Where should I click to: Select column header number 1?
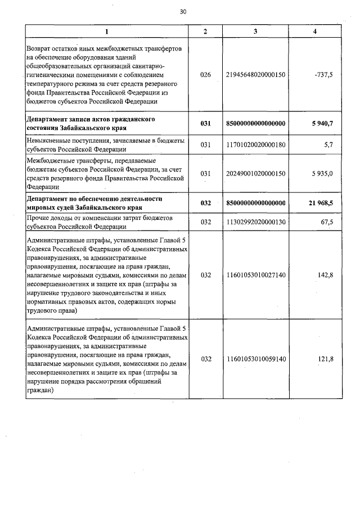pyautogui.click(x=107, y=31)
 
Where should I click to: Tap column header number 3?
pyautogui.click(x=255, y=31)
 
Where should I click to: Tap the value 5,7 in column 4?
pyautogui.click(x=328, y=145)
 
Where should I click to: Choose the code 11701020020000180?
pyautogui.click(x=255, y=145)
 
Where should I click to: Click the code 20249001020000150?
pyautogui.click(x=255, y=174)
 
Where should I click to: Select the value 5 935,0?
pyautogui.click(x=322, y=174)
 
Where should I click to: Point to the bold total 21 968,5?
pyautogui.click(x=321, y=202)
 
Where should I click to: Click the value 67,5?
pyautogui.click(x=326, y=223)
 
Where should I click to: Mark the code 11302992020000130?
pyautogui.click(x=255, y=223)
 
